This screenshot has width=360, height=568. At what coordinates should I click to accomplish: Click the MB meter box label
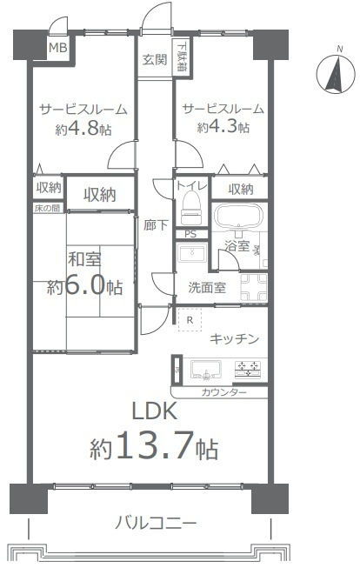coord(57,47)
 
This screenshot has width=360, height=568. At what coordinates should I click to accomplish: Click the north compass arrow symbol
coord(331,74)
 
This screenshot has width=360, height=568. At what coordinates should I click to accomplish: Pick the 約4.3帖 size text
coord(223,127)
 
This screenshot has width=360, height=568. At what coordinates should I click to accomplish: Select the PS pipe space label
coord(190,234)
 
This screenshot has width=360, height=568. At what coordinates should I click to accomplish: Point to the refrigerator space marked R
coord(190,319)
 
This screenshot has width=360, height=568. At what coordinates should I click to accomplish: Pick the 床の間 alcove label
coord(47,209)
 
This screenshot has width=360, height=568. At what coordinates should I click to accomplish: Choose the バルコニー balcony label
coord(157,524)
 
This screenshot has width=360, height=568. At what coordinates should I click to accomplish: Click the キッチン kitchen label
coord(234,338)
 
